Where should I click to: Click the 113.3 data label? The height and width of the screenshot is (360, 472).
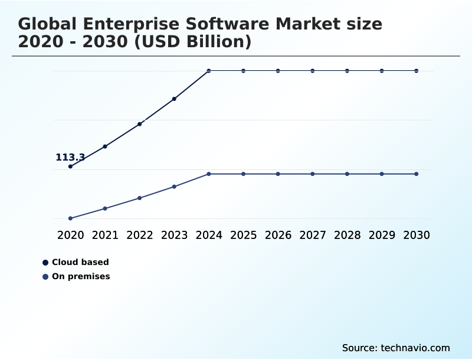70,158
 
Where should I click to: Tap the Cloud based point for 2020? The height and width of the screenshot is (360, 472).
70,166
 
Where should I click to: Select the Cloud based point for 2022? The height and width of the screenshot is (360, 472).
140,124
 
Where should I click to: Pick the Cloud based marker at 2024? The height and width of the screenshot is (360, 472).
209,71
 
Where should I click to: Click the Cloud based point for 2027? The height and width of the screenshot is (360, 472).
313,71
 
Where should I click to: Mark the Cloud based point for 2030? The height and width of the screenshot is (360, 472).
417,71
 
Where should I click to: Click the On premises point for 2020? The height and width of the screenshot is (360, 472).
70,218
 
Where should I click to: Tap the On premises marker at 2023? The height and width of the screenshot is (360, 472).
174,186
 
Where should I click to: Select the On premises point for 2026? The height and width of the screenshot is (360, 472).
278,174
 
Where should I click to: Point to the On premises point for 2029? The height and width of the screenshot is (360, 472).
382,174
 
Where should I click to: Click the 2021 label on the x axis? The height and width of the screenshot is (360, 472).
105,235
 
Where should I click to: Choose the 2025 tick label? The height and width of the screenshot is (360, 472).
243,235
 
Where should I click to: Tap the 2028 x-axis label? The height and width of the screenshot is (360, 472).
347,235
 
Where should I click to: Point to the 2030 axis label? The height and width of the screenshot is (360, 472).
417,235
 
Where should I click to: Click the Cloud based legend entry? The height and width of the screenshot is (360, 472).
80,263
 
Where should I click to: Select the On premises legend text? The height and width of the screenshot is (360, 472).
81,277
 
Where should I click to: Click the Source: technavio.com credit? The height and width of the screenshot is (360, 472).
396,348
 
